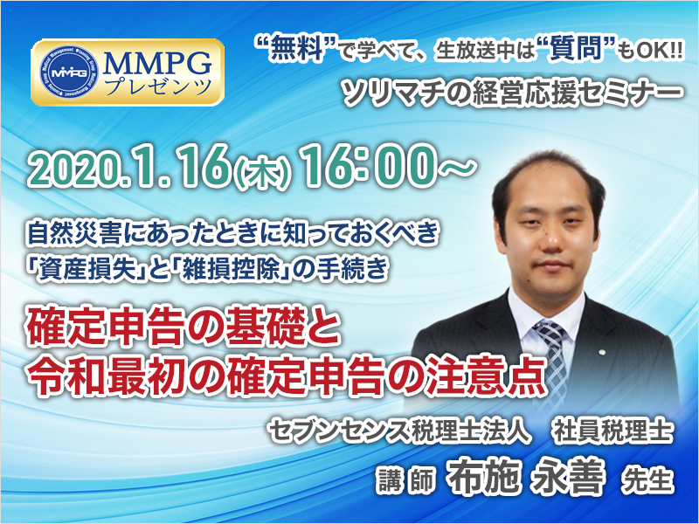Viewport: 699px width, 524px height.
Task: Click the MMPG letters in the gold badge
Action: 157,63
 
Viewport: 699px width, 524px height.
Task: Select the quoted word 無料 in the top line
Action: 294,48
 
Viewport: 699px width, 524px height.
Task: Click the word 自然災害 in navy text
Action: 74,233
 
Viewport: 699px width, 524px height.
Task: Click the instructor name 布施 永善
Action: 528,476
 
